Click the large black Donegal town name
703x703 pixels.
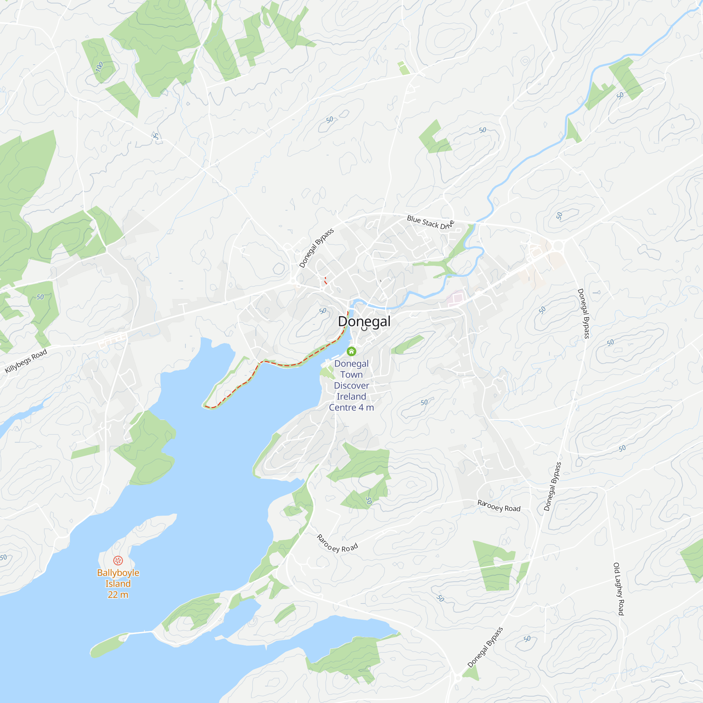364,321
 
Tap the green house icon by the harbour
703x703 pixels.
351,351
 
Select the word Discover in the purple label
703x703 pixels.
351,385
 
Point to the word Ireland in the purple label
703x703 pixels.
351,396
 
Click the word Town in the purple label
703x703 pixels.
351,374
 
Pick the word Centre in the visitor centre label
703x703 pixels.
342,407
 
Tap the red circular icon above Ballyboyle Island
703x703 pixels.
118,560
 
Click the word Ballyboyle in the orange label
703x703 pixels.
118,573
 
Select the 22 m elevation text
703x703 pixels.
118,595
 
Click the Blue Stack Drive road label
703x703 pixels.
431,222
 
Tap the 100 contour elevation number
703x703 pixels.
99,67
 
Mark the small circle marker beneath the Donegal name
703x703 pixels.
364,328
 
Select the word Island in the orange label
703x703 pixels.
118,583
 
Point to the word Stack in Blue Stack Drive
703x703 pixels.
430,223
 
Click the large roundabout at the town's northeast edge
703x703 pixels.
558,247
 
